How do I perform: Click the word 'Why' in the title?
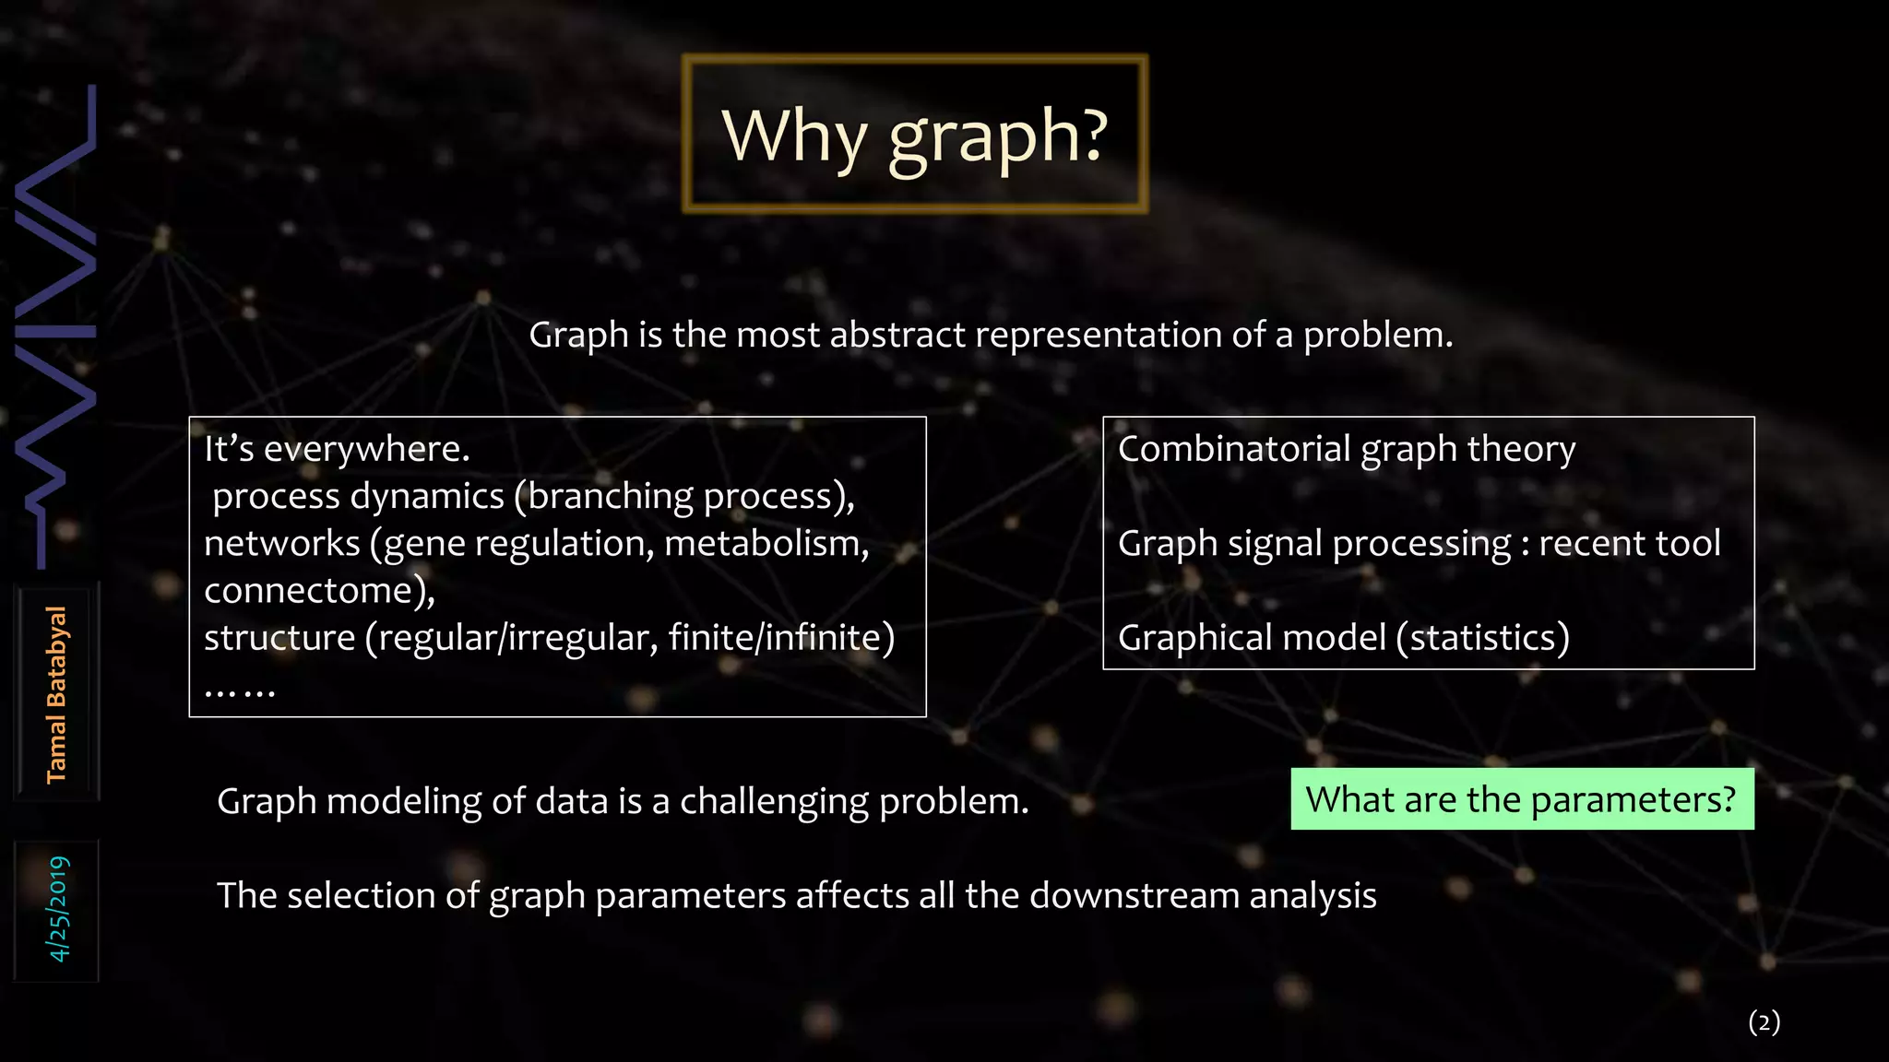tap(794, 135)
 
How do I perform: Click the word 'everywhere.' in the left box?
tap(367, 449)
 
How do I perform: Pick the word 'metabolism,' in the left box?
tap(766, 543)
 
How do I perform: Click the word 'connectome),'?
tap(319, 590)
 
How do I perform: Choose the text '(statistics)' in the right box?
tap(1482, 637)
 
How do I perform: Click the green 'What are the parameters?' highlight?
tap(1522, 799)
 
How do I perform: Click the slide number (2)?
tap(1764, 1021)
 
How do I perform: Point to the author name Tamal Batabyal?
tap(57, 694)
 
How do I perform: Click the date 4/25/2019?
tap(58, 909)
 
